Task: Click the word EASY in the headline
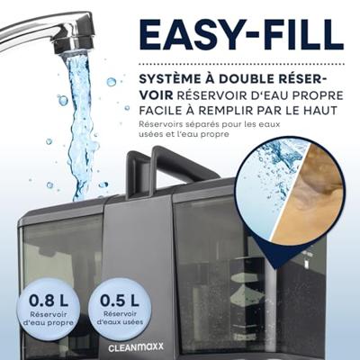pyautogui.click(x=185, y=35)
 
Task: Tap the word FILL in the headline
pyautogui.click(x=293, y=35)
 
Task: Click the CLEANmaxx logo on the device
pyautogui.click(x=136, y=347)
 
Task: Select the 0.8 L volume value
pyautogui.click(x=49, y=301)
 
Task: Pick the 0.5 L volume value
pyautogui.click(x=120, y=301)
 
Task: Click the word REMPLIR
pyautogui.click(x=224, y=111)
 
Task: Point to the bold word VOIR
pyautogui.click(x=156, y=95)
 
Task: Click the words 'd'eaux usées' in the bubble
pyautogui.click(x=121, y=322)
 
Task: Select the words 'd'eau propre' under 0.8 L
pyautogui.click(x=49, y=323)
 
